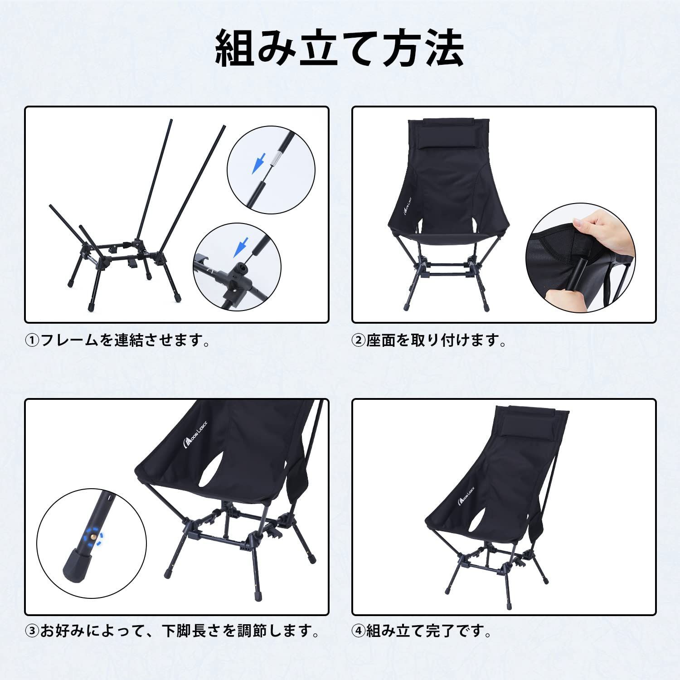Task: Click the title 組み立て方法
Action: click(x=340, y=49)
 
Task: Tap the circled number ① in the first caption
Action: click(x=32, y=340)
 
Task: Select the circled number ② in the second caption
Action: click(x=359, y=340)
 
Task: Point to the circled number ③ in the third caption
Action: click(x=32, y=631)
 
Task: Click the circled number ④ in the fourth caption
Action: click(x=359, y=631)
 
